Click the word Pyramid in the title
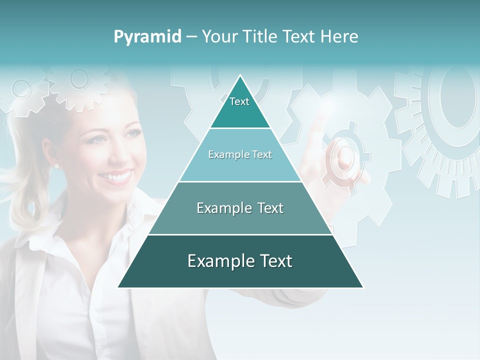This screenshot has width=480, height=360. tap(147, 36)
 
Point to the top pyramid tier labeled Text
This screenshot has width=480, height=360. tap(240, 107)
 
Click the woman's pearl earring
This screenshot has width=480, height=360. tap(56, 165)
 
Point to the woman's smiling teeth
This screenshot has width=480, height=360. tap(118, 177)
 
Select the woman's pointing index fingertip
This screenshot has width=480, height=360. tap(316, 120)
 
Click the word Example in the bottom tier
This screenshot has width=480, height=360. tap(218, 261)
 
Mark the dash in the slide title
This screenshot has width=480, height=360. tap(191, 36)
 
